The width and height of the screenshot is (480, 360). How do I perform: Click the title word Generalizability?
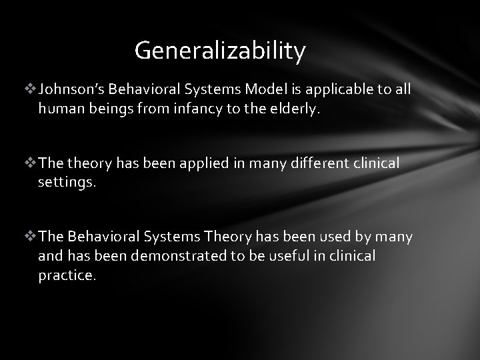coord(220,50)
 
